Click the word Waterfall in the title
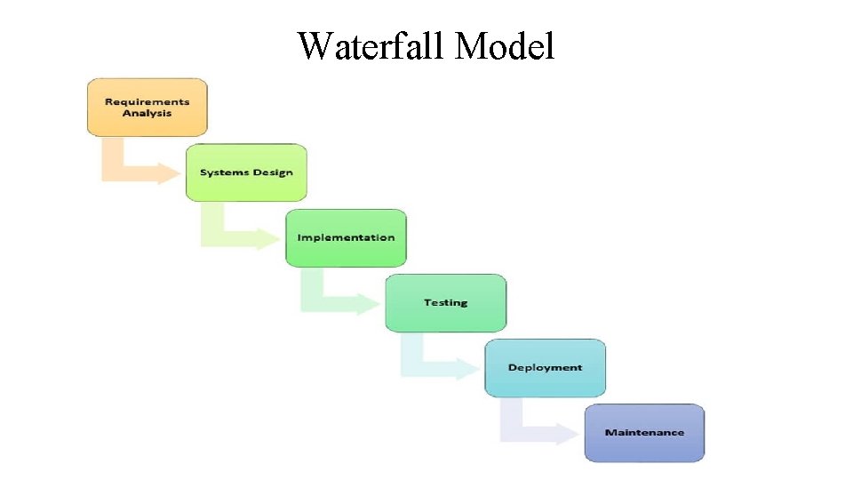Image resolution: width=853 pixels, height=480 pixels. click(372, 45)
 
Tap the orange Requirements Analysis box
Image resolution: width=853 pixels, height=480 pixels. click(147, 108)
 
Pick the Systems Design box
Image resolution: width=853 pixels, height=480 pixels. click(246, 172)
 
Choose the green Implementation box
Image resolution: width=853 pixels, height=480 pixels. click(346, 238)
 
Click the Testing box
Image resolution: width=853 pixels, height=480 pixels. click(445, 303)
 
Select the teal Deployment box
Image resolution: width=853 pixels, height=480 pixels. click(545, 368)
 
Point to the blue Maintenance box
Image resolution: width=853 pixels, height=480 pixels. click(644, 433)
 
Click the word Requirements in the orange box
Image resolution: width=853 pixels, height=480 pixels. click(147, 102)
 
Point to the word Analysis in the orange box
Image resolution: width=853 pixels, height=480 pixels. click(147, 114)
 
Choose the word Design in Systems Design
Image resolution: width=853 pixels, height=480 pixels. click(272, 172)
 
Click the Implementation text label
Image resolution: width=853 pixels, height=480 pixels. click(346, 238)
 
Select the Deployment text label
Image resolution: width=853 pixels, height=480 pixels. click(545, 368)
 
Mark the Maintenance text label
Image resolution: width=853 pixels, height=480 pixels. click(644, 433)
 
